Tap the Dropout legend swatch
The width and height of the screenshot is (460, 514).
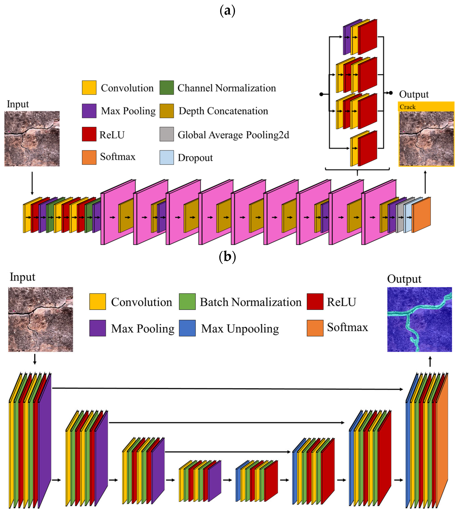click(167, 157)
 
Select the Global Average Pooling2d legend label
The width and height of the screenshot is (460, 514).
click(233, 135)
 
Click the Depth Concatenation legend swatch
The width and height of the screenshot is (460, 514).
click(167, 111)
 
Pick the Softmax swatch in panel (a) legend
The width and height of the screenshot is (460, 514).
click(89, 157)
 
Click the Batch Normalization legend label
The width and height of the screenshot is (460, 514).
click(250, 302)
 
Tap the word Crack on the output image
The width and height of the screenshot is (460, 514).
click(407, 107)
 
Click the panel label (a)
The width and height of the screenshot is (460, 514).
click(227, 11)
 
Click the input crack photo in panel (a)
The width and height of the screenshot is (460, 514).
click(32, 138)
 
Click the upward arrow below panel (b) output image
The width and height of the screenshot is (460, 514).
click(430, 362)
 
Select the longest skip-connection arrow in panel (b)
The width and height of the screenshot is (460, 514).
click(227, 389)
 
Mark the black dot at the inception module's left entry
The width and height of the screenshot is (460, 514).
click(321, 94)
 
